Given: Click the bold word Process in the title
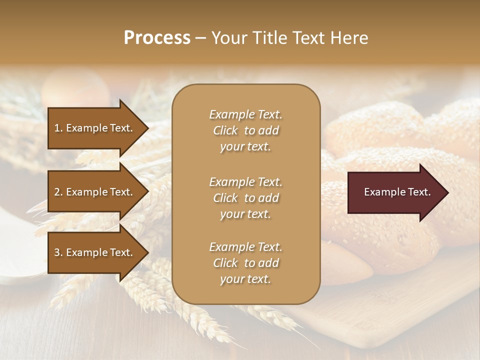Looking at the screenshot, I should point(157,38).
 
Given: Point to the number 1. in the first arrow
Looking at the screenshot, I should point(58,128).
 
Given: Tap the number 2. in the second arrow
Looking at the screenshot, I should point(58,192).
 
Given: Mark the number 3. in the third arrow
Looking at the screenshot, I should point(58,252).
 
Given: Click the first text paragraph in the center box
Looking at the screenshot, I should point(245,130).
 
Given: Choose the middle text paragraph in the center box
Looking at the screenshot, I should point(245,197).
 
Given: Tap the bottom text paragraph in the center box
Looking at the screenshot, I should point(245,263).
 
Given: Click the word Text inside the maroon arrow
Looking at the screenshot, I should point(419,192).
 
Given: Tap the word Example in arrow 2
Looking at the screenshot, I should point(87,192).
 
